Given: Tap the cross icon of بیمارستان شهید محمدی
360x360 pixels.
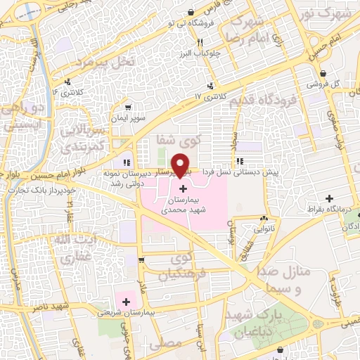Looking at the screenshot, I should click(183, 188).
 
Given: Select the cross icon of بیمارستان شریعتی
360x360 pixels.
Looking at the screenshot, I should click(127, 302).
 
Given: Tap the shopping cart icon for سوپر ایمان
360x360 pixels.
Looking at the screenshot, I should click(127, 108).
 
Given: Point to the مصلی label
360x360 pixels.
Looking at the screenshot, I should click(166, 344).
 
